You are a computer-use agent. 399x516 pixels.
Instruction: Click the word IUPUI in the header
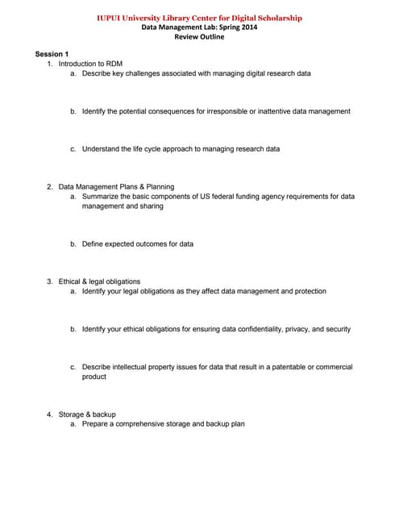[109, 18]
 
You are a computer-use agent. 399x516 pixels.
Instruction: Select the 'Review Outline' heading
[198, 37]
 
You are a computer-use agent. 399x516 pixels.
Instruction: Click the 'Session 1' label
[52, 53]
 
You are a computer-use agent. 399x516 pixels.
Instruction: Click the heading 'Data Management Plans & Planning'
[116, 186]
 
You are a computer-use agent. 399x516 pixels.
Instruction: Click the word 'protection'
[307, 291]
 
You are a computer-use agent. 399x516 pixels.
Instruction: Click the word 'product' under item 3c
[94, 377]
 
